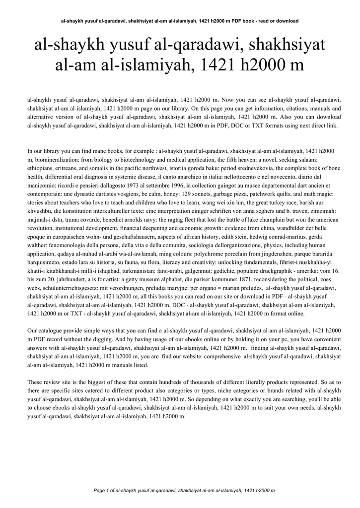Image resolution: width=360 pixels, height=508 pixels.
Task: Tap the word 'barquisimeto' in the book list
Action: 47,260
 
